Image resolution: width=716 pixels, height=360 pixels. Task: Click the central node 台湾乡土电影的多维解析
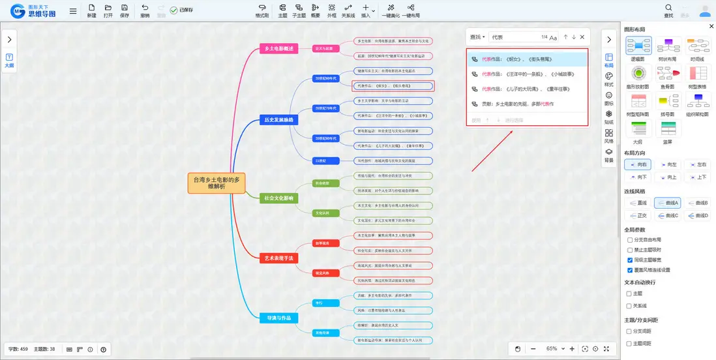pyautogui.click(x=216, y=183)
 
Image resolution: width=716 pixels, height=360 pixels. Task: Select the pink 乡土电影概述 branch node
pyautogui.click(x=278, y=48)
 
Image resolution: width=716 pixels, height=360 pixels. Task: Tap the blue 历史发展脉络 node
pyautogui.click(x=278, y=120)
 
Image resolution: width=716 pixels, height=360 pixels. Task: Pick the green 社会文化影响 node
pyautogui.click(x=278, y=198)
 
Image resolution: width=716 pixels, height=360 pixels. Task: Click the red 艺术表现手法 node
pyautogui.click(x=278, y=258)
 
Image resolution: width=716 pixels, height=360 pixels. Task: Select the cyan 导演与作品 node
pyautogui.click(x=278, y=318)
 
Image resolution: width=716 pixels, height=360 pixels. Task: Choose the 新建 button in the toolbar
pyautogui.click(x=92, y=10)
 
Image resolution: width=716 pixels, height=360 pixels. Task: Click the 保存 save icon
pyautogui.click(x=125, y=10)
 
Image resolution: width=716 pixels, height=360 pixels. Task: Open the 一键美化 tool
pyautogui.click(x=390, y=10)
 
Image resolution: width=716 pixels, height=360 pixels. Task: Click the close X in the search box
pyautogui.click(x=582, y=37)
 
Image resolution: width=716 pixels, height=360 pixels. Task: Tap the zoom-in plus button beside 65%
pyautogui.click(x=572, y=349)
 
